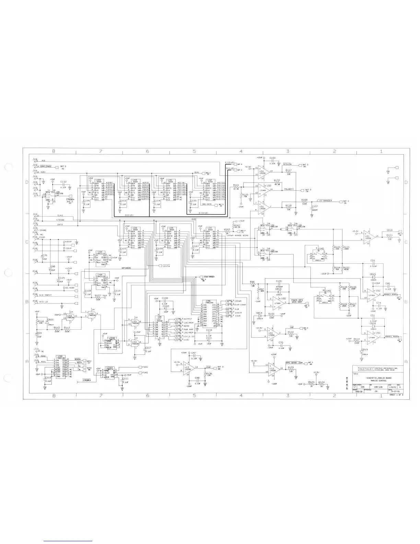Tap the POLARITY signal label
(288, 189)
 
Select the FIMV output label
(145, 367)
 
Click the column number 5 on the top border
(194, 151)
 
